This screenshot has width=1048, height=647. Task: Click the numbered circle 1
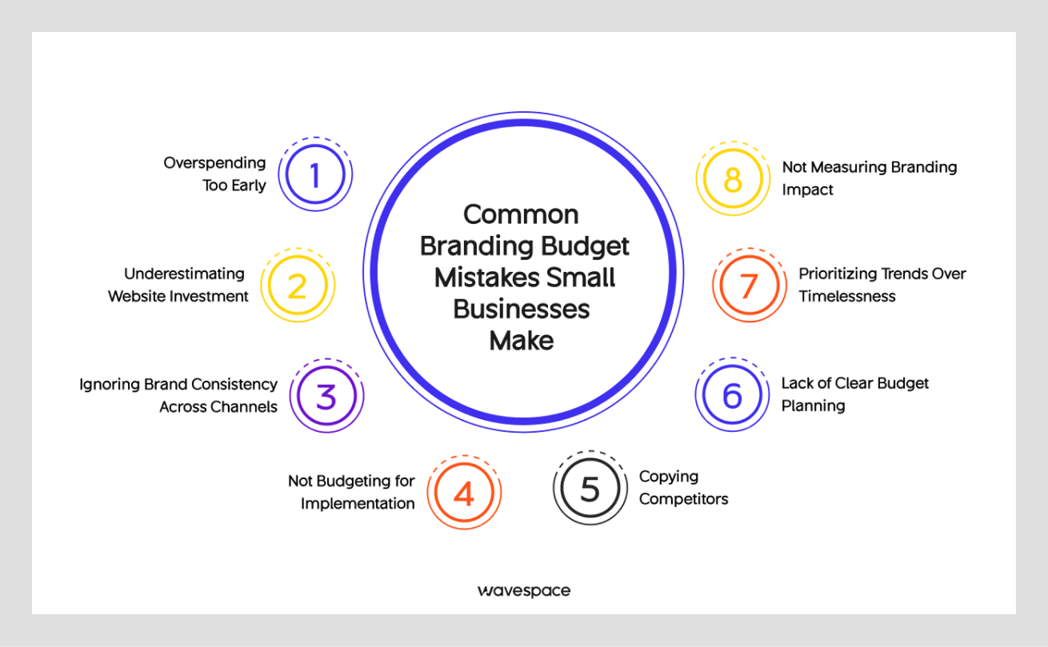315,174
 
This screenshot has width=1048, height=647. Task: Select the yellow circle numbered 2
298,286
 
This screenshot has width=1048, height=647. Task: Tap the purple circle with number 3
326,396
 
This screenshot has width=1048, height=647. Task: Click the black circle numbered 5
590,488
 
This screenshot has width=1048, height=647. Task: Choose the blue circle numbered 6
732,395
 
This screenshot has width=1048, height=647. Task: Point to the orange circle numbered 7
749,286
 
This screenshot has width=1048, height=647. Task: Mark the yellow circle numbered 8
733,179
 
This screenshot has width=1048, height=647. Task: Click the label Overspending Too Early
214,174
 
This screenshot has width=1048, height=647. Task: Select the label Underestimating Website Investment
178,285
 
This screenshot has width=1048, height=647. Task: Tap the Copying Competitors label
683,488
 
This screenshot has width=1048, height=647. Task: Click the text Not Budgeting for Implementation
351,492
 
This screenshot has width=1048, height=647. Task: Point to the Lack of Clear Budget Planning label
854,394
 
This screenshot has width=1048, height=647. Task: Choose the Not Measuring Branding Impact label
869,178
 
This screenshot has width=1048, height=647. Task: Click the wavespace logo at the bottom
524,591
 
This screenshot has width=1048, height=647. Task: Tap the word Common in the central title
521,214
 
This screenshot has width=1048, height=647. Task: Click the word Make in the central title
522,340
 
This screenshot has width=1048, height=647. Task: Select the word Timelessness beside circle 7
846,296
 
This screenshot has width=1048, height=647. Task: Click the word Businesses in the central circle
522,309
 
